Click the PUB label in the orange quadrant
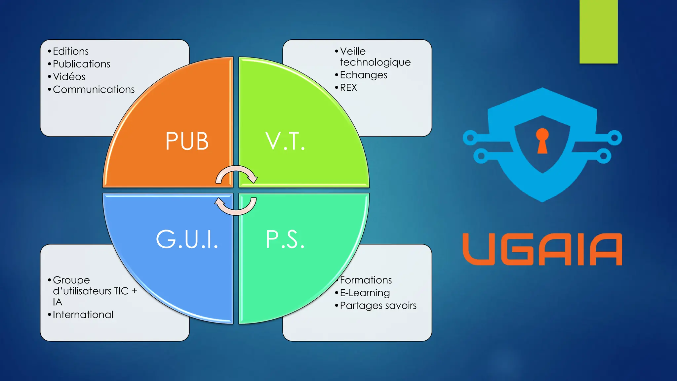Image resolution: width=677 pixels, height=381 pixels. point(187,141)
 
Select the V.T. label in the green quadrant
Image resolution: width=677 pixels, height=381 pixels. point(285,141)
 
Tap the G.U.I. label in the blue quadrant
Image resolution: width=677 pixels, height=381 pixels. point(187,239)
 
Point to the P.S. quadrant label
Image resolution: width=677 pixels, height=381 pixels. point(285,239)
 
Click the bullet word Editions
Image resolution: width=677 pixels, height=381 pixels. point(71,51)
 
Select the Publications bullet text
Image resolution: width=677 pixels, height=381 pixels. point(81,64)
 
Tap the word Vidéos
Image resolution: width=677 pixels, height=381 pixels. point(69,77)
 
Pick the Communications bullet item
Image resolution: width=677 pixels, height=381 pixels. point(94,89)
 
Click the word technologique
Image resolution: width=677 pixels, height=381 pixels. point(375,63)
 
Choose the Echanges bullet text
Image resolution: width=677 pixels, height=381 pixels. point(364,75)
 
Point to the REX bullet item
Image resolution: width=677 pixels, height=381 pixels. point(348,88)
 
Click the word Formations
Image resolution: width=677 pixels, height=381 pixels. point(366,280)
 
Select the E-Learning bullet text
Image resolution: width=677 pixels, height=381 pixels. point(365,293)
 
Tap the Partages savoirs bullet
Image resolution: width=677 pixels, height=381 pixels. point(378,306)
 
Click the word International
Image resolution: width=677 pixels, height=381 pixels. point(83,315)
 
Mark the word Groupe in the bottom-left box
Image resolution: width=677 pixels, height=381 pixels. point(71,280)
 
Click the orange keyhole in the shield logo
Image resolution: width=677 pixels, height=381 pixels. point(542,141)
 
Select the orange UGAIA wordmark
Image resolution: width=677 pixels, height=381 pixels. point(542,249)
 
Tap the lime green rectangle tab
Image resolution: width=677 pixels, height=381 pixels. point(598,31)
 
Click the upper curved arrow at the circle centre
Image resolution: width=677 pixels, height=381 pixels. point(237,174)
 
